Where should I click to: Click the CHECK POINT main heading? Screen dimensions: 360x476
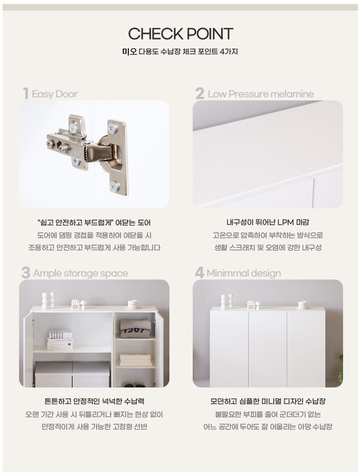click(180, 34)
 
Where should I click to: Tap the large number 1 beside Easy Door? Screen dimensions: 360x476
click(26, 93)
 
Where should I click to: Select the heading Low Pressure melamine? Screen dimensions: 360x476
click(260, 94)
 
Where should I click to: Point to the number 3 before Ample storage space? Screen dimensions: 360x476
click(26, 272)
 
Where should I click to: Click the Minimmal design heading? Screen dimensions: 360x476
click(244, 273)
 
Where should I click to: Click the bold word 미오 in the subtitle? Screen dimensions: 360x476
click(130, 52)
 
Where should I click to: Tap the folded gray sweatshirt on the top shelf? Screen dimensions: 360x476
click(135, 329)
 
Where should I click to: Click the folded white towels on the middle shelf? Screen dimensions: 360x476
click(135, 360)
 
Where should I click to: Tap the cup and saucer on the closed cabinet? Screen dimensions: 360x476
click(303, 304)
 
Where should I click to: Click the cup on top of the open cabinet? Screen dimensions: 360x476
click(133, 304)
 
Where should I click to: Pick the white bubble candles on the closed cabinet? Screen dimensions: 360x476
click(227, 301)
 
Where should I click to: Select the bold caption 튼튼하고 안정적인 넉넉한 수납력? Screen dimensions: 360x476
click(94, 401)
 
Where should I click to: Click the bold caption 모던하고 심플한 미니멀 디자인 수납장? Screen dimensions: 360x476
click(268, 401)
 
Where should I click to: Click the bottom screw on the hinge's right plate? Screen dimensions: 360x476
click(115, 186)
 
